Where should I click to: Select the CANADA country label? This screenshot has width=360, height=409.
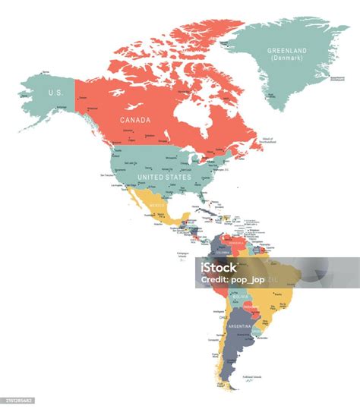click(134, 120)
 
